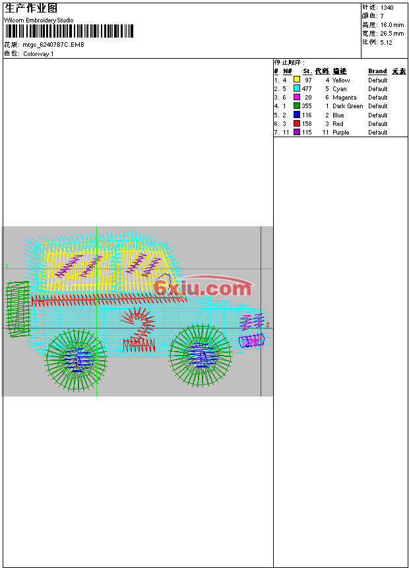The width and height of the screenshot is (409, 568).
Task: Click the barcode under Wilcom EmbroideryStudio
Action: (x=69, y=31)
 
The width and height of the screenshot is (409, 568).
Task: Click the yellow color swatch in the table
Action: (x=297, y=80)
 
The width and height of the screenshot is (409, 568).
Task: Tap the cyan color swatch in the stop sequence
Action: (x=297, y=88)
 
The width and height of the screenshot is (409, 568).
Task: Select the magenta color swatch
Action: (x=297, y=97)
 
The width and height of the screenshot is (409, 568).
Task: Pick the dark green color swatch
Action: (x=297, y=106)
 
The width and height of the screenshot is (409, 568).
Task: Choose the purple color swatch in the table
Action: (x=297, y=132)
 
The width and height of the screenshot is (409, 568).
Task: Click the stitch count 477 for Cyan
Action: (x=307, y=89)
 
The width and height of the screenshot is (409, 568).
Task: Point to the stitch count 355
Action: (x=307, y=106)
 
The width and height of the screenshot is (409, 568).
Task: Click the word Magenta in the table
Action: (x=344, y=98)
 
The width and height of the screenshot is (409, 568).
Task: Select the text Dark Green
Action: (x=348, y=106)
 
